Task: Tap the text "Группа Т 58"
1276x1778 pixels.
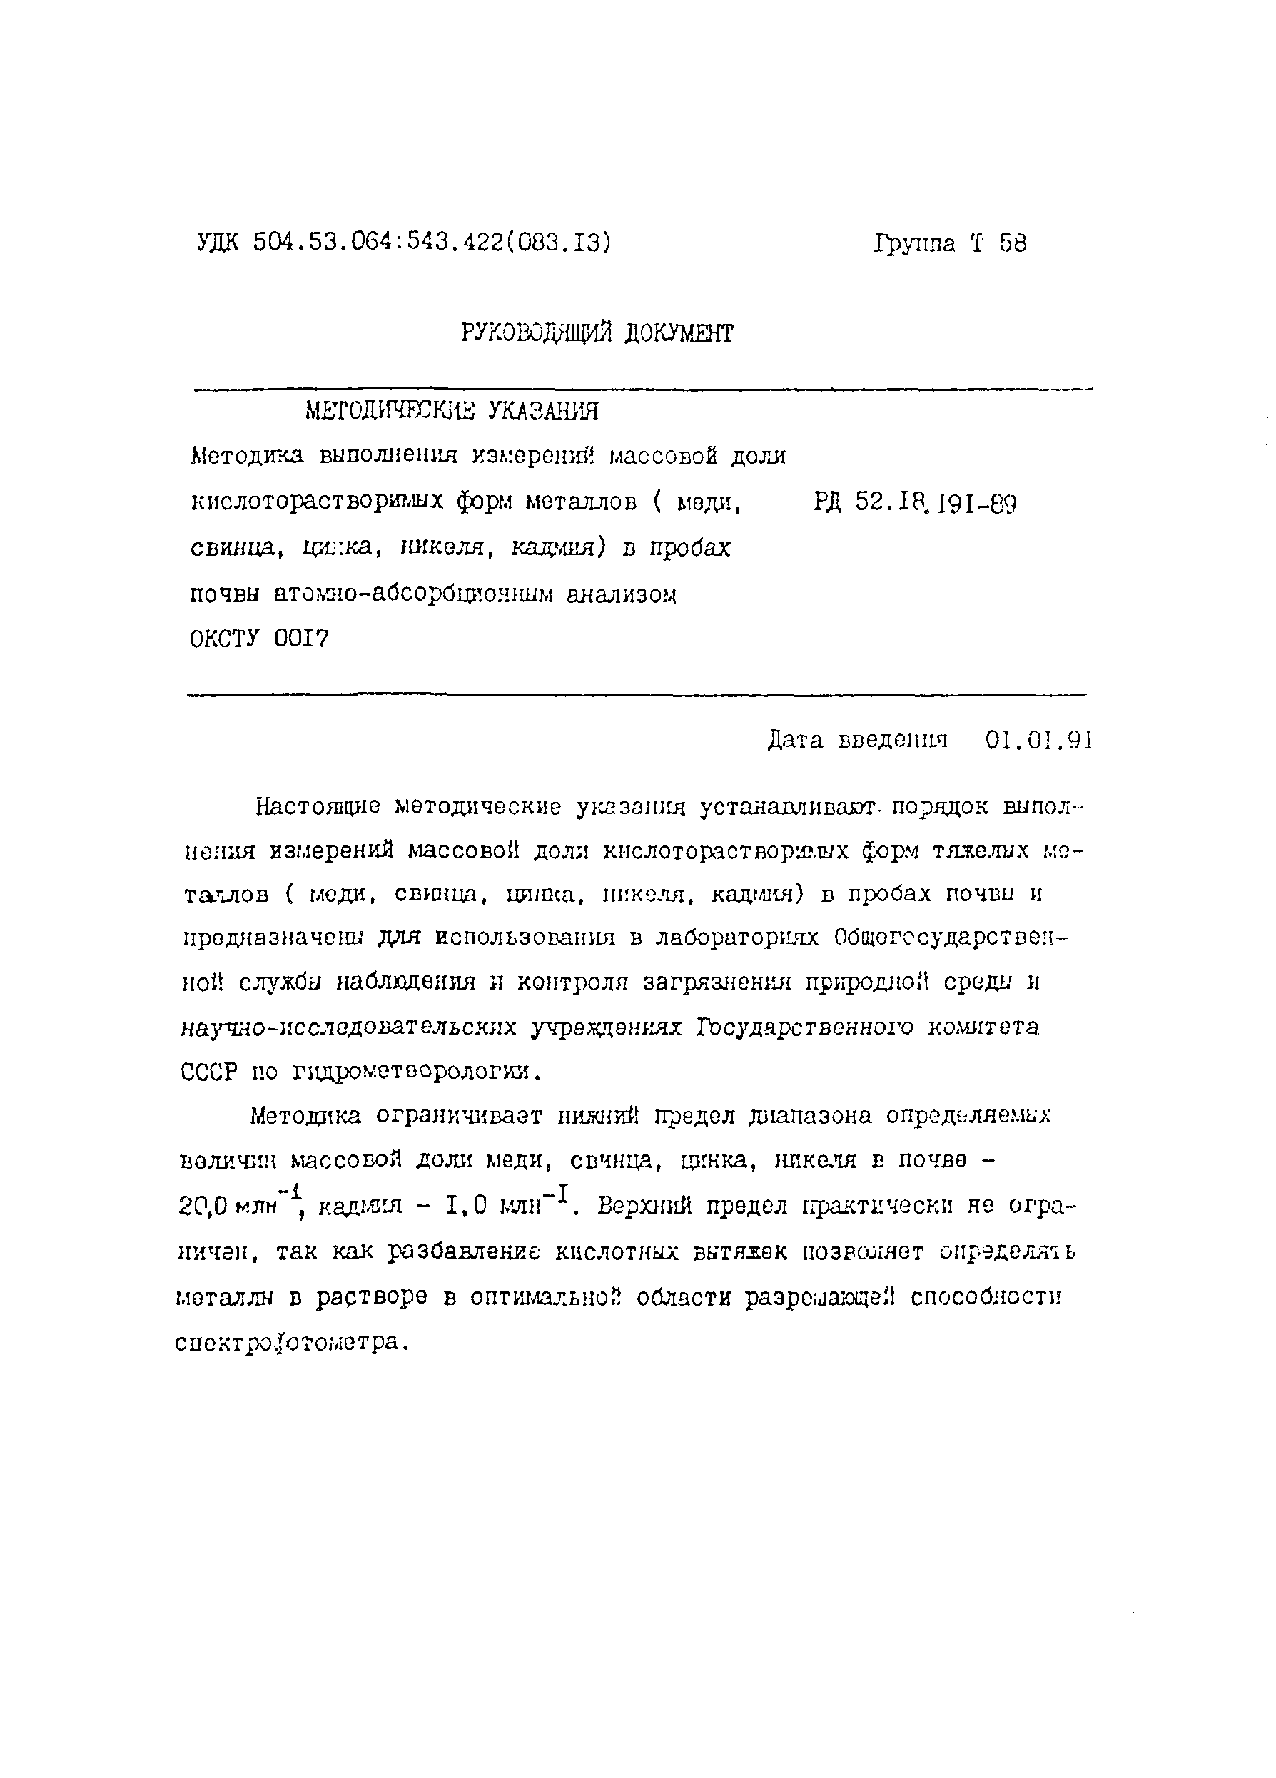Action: pyautogui.click(x=949, y=243)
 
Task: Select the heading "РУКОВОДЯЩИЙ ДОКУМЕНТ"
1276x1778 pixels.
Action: pyautogui.click(x=596, y=334)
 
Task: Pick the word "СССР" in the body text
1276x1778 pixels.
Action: pyautogui.click(x=208, y=1071)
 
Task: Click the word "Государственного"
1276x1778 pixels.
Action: pyautogui.click(x=805, y=1027)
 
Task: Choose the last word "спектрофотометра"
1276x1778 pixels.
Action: pyautogui.click(x=290, y=1342)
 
